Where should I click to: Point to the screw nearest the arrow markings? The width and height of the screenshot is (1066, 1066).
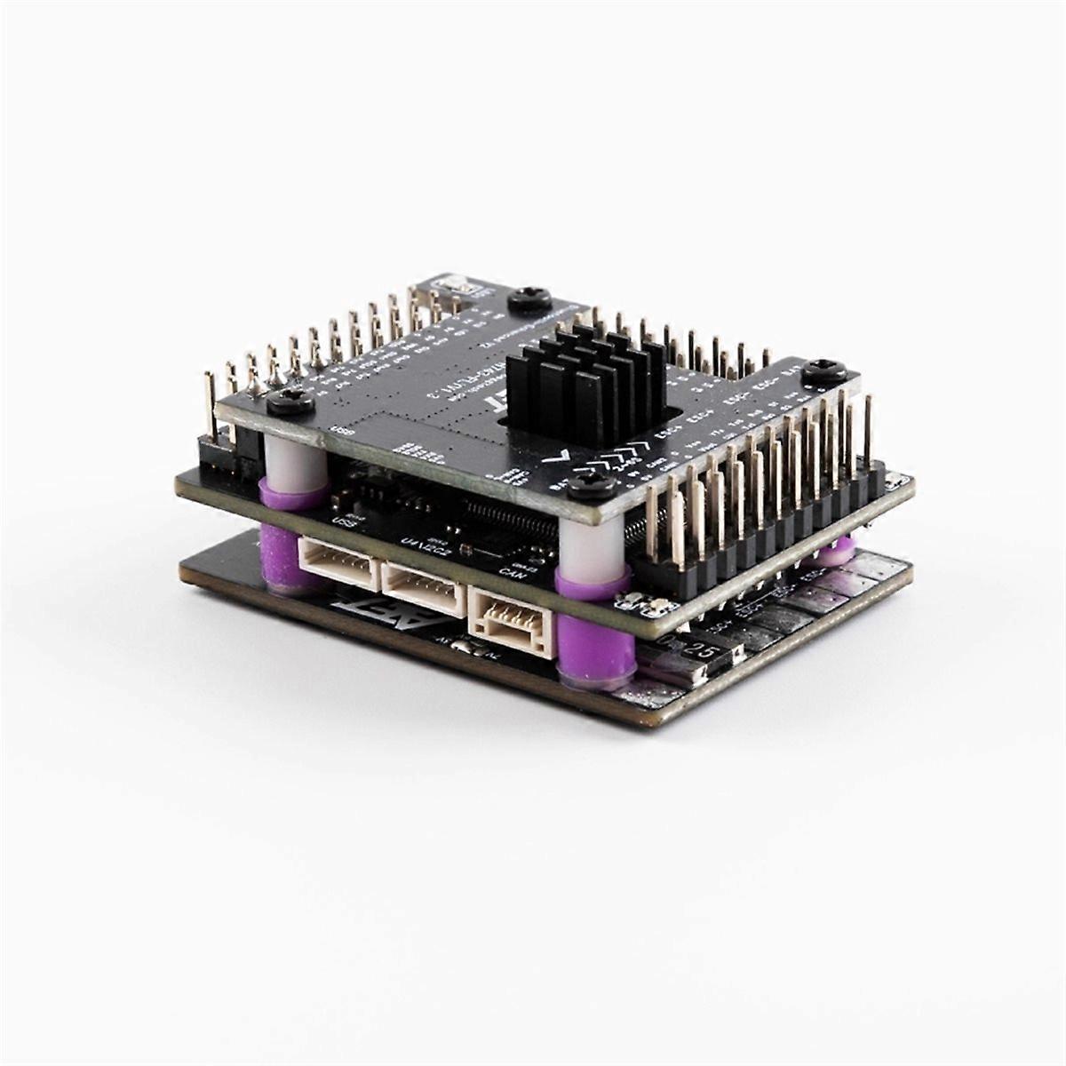587,484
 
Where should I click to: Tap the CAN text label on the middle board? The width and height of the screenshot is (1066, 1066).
510,571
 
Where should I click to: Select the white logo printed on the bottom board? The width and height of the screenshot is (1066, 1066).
360,614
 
